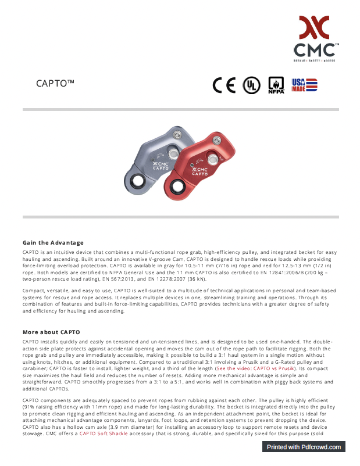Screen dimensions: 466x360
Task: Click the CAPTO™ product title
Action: tap(55, 83)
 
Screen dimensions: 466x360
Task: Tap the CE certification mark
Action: tap(224, 85)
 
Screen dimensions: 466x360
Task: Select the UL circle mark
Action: tap(251, 85)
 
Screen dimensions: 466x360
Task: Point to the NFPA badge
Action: tap(276, 85)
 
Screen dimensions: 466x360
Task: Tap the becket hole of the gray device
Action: tap(138, 180)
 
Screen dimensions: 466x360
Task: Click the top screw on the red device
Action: tap(218, 139)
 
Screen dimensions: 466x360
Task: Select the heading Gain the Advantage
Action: tap(53, 242)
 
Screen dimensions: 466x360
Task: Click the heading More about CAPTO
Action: tap(51, 332)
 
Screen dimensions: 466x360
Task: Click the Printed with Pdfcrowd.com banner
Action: tap(304, 447)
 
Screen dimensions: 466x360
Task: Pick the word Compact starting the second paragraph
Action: tap(33, 290)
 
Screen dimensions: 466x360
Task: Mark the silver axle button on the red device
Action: tap(213, 159)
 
